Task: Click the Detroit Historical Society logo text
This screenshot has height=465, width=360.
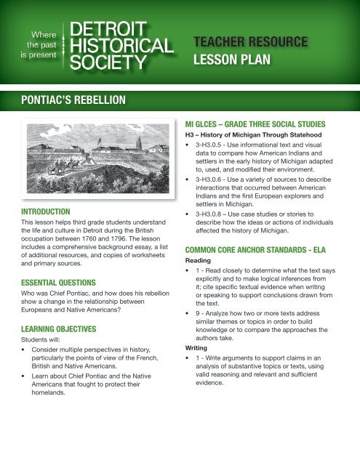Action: coord(121,44)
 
